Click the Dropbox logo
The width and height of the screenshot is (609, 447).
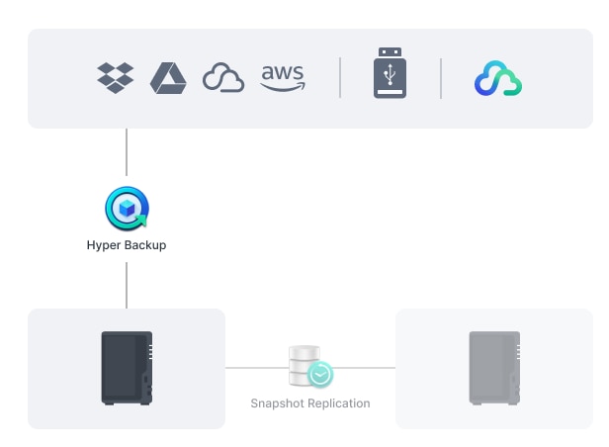coord(116,78)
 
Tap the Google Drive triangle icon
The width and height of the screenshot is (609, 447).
coord(168,78)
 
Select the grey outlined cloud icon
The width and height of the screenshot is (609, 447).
coord(223,78)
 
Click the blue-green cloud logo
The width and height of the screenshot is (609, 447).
coord(498,79)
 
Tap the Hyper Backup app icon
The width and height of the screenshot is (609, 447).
coord(127,209)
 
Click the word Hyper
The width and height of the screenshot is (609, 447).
coord(104,244)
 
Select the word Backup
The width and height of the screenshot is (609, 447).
coord(145,244)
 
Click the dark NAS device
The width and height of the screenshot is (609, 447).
coord(128,368)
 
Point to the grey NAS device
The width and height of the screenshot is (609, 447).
coord(494,368)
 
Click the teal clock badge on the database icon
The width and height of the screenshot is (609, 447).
coord(320,375)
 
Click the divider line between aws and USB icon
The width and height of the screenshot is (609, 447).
coord(340,78)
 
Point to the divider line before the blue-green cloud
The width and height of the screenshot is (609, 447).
coord(441,78)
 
